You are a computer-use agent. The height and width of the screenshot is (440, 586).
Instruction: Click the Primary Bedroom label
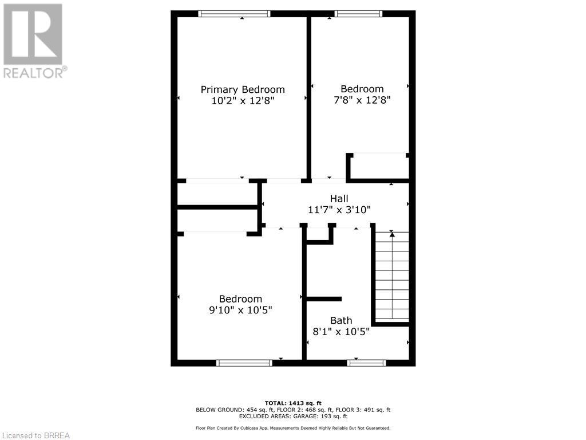pyautogui.click(x=242, y=89)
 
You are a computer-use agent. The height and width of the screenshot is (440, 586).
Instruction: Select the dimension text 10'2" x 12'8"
pyautogui.click(x=242, y=101)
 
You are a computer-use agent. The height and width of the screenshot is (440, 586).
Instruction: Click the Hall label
pyautogui.click(x=339, y=199)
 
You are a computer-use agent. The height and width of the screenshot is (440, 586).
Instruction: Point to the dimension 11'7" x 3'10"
pyautogui.click(x=339, y=210)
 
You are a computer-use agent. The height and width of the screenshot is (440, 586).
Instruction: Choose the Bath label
pyautogui.click(x=340, y=320)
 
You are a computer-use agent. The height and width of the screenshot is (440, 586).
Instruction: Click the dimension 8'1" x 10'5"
pyautogui.click(x=340, y=331)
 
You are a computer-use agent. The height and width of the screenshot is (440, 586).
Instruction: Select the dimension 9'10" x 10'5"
pyautogui.click(x=240, y=310)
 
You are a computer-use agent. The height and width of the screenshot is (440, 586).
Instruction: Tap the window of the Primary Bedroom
pyautogui.click(x=233, y=14)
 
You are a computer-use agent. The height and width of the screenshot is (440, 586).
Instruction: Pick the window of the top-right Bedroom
pyautogui.click(x=358, y=14)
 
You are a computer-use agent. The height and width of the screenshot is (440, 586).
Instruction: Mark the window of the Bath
pyautogui.click(x=367, y=363)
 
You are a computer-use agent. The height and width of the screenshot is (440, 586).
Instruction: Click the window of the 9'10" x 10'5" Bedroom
pyautogui.click(x=244, y=363)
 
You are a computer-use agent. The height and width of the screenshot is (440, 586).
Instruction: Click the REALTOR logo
pyautogui.click(x=33, y=40)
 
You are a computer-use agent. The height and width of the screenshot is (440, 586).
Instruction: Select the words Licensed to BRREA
pyautogui.click(x=35, y=435)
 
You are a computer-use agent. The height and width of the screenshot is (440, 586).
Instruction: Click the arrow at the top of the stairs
pyautogui.click(x=392, y=234)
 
